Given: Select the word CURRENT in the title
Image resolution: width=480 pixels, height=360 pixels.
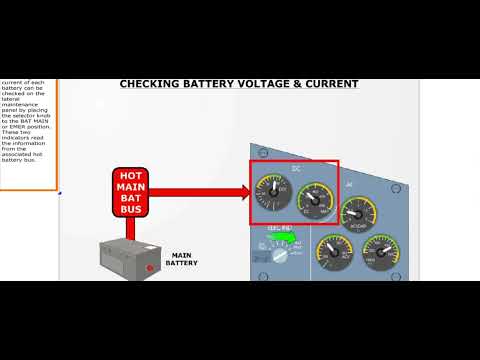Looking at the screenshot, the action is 330,84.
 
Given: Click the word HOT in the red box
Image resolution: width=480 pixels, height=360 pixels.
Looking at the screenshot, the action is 131,175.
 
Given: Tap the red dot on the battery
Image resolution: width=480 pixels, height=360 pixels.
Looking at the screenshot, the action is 151,267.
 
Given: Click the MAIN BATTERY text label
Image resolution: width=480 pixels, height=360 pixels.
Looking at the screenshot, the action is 182,259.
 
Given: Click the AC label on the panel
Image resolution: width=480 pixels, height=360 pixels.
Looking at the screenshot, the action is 349,185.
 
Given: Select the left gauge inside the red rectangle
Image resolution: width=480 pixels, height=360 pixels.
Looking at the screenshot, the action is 273,191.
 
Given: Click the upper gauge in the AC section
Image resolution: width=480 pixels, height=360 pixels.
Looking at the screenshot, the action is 359,214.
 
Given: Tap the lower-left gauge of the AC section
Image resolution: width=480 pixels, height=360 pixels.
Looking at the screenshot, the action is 334,253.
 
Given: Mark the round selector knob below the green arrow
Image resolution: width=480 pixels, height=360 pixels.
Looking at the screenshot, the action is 281,250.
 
